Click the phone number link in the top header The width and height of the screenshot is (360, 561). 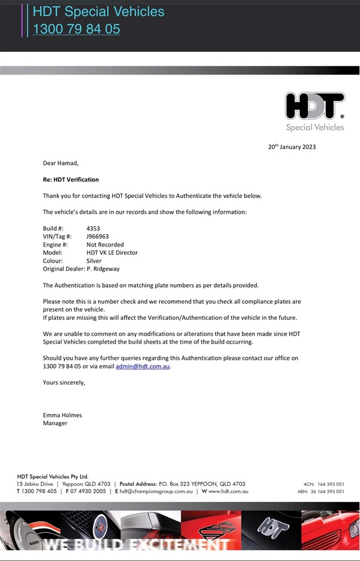pos(76,29)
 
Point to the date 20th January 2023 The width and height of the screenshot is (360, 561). pos(292,147)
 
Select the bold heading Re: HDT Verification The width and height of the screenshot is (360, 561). pos(70,179)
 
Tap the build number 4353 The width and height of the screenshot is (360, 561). pos(94,228)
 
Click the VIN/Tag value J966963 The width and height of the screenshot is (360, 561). pos(97,236)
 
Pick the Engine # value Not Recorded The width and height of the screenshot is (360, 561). pos(105,245)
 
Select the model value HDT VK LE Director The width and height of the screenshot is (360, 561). pos(112,252)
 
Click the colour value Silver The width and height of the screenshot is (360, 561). pos(94,261)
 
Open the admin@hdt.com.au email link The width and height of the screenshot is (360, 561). pos(143,366)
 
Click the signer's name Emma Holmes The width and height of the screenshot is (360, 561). pos(62,415)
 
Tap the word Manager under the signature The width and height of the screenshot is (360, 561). pos(55,423)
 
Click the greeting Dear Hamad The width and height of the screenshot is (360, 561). pos(60,162)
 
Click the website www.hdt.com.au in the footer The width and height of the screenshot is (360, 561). pos(228,492)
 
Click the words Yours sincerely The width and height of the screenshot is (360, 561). pos(64,383)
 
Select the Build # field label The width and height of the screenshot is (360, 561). pos(54,228)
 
